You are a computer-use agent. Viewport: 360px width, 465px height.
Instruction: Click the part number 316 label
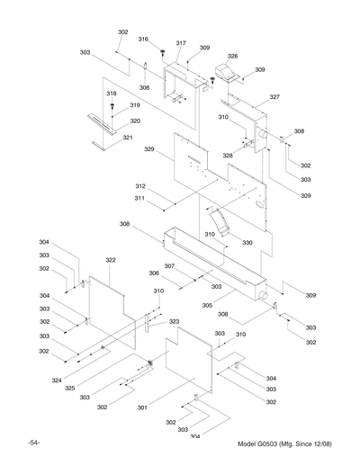pos(143,39)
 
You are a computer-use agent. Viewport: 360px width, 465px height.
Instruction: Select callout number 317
pos(181,43)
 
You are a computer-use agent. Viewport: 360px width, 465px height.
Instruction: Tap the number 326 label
pos(232,56)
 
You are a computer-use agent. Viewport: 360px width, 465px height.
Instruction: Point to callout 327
pos(274,96)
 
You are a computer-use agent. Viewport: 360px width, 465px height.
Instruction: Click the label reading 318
pos(112,94)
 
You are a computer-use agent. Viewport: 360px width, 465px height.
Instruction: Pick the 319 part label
pos(134,105)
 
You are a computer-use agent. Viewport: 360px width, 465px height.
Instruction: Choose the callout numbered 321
pos(128,137)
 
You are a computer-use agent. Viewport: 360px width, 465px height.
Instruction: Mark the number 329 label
pos(150,148)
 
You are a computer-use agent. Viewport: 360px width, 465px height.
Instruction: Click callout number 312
pos(140,186)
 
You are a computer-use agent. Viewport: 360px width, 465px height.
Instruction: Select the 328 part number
pos(229,156)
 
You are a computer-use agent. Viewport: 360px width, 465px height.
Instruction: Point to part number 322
pos(111,260)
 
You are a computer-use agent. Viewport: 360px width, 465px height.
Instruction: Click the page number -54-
pos(33,444)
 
